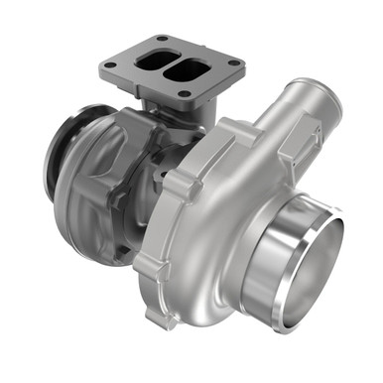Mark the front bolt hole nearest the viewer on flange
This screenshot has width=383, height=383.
(186, 94)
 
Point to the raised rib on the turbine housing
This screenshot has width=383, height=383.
(111, 203)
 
